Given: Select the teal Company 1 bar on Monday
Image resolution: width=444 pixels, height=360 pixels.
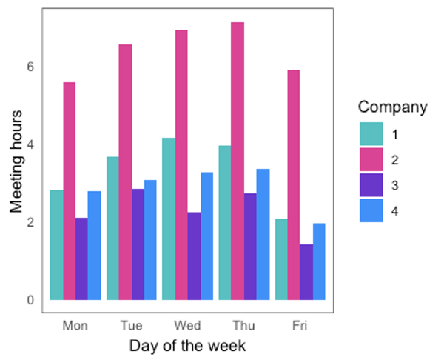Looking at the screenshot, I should tap(56, 244).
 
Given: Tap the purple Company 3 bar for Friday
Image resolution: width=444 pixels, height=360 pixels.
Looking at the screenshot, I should tap(306, 272).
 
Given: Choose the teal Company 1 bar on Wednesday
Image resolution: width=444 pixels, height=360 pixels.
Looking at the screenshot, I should tap(169, 219).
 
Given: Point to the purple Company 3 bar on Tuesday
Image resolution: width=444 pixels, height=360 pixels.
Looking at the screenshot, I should tap(138, 244).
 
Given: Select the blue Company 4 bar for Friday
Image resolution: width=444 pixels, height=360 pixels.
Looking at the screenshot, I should tap(319, 261).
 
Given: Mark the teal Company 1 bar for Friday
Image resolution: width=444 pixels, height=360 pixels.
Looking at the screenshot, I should tap(281, 259).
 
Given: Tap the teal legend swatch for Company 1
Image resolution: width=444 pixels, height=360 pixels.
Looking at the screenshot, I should tap(371, 135).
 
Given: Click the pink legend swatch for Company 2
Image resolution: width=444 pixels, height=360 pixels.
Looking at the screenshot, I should tap(371, 160).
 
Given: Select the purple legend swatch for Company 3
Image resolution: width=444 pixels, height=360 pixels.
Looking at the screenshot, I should tap(371, 186).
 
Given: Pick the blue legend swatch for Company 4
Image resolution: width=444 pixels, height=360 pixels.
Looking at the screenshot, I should tap(371, 211).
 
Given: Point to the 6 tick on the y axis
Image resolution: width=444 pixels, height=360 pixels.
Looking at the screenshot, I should tap(30, 66).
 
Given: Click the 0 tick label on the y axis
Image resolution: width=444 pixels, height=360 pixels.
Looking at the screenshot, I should tap(30, 300).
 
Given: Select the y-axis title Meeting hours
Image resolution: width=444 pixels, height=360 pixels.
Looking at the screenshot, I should tap(16, 161).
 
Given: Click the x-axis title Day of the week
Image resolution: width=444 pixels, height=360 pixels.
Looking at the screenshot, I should tap(187, 346).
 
